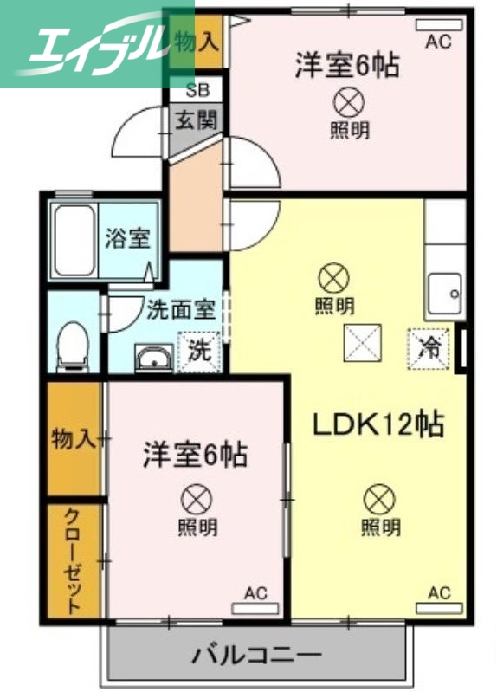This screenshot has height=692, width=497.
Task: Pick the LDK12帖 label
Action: click(378, 425)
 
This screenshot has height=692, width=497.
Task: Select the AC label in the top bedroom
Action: click(438, 42)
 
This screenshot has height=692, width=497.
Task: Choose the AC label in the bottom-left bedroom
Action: click(255, 593)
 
